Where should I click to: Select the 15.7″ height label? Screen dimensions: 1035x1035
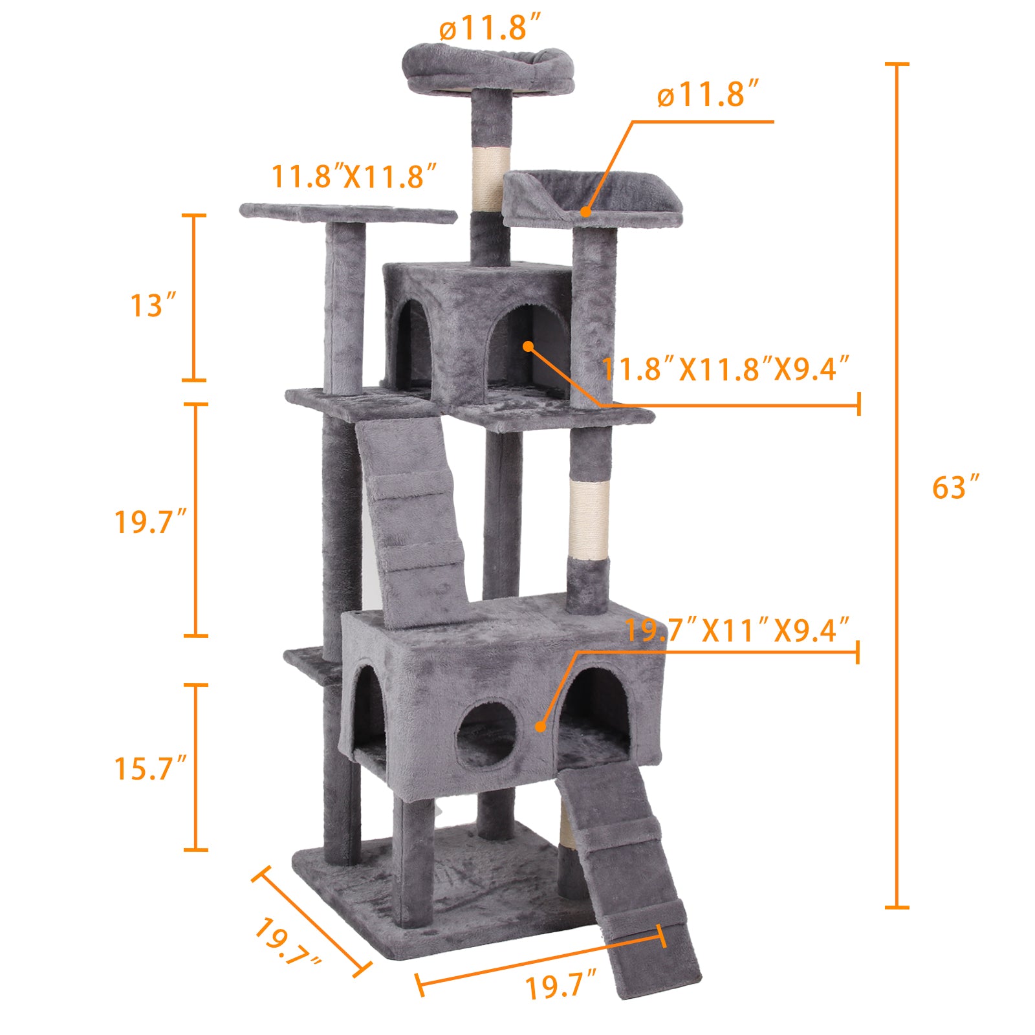click(150, 768)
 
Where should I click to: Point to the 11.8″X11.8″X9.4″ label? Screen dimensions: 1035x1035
click(724, 369)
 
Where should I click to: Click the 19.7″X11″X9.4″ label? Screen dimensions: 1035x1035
click(737, 630)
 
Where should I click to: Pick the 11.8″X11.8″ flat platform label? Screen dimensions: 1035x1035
click(353, 177)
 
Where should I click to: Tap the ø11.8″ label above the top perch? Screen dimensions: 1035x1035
click(490, 29)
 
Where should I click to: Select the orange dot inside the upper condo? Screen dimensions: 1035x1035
click(528, 346)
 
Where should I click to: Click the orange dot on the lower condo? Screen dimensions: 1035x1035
click(540, 726)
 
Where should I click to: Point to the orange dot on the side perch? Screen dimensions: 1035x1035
click(585, 211)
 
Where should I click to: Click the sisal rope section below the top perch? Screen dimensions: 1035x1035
click(490, 178)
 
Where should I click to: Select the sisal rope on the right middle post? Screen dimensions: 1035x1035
click(589, 519)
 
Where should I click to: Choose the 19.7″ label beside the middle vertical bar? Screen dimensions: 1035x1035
click(150, 521)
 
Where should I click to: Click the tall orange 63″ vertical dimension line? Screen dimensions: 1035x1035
click(897, 485)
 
